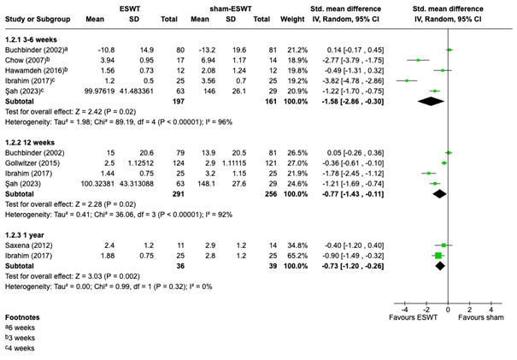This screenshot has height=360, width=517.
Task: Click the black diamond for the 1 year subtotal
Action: [440, 265]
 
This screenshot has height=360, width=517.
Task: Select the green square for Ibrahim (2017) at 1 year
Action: [438, 255]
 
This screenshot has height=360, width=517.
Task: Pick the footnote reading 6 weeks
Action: [21, 328]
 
